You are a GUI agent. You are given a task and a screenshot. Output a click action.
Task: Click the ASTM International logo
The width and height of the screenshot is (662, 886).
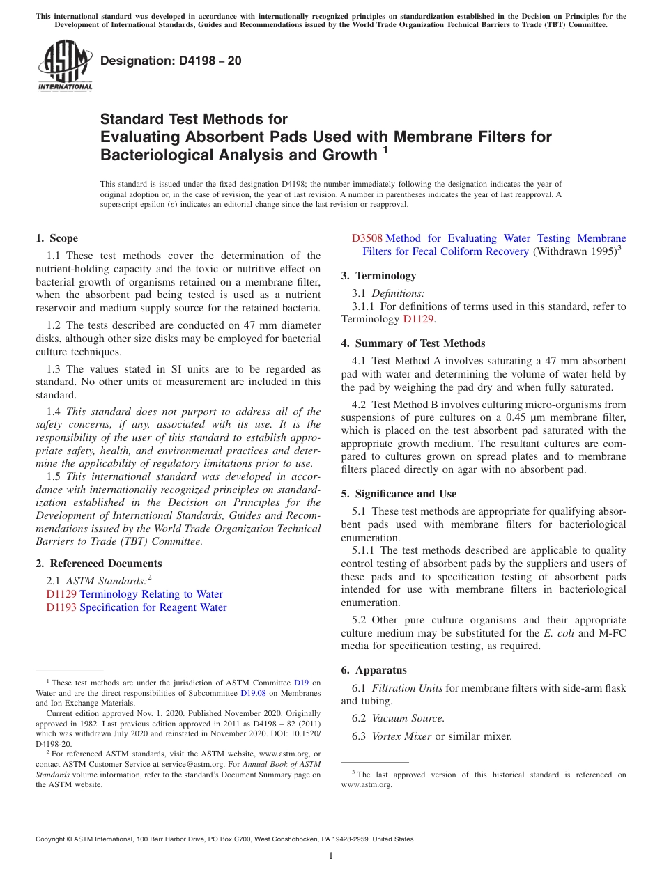(65, 65)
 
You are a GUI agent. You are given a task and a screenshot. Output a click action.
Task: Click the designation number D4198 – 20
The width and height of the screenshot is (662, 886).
(171, 61)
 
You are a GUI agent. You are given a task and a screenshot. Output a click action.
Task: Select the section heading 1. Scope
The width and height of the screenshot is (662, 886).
(57, 238)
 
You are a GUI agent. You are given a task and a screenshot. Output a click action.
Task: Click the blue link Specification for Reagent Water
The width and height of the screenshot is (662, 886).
(153, 607)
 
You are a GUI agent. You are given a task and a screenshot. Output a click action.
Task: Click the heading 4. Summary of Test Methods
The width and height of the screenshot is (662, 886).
(413, 343)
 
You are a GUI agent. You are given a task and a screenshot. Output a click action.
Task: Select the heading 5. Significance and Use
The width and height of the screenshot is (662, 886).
(399, 494)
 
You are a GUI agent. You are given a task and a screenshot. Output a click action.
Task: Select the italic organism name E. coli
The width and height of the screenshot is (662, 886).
(559, 633)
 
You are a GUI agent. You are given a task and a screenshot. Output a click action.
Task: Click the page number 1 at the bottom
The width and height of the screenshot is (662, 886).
(331, 856)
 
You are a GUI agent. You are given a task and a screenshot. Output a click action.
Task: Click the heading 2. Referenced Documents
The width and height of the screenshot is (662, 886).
(99, 564)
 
